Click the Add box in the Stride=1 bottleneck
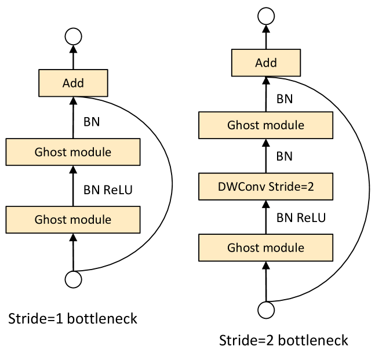pos(74,83)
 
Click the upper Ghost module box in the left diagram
pos(73,152)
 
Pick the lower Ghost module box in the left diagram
pos(73,220)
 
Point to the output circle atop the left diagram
pos(74,37)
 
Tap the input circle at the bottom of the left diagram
pos(74,278)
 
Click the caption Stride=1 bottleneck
pos(73,319)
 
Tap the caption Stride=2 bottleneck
pos(284,340)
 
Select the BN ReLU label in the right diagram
pos(301,218)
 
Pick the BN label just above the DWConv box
pos(284,156)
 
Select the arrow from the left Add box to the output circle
pos(74,57)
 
